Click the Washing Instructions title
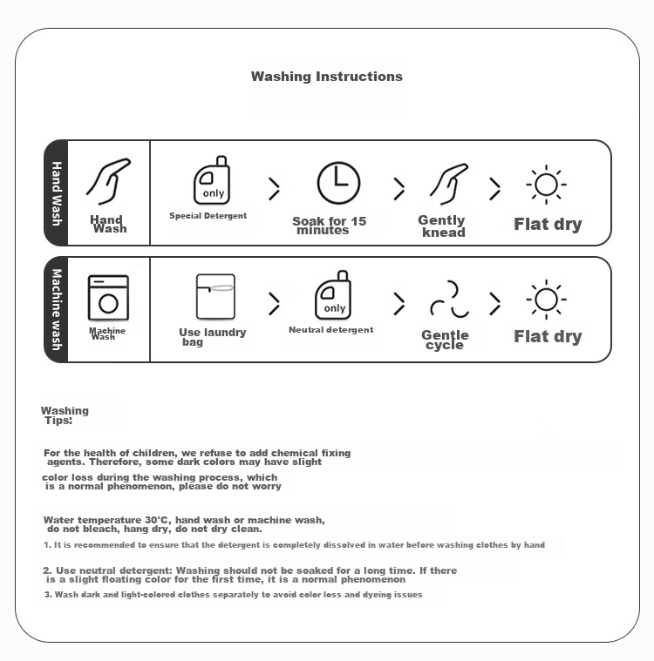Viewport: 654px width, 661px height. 327,77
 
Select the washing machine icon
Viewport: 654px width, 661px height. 108,298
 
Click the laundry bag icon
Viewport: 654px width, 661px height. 215,296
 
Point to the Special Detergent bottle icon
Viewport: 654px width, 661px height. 212,180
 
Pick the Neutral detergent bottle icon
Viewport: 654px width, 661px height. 333,295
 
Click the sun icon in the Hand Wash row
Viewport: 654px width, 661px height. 547,185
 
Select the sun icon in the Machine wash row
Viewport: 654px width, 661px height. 547,300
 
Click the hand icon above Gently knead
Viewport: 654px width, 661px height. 449,185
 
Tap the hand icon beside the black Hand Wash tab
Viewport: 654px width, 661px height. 108,182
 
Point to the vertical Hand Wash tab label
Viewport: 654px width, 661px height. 57,193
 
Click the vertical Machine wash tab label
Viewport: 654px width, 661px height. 57,309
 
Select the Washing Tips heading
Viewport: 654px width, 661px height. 65,415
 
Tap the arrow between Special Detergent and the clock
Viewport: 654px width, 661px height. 275,188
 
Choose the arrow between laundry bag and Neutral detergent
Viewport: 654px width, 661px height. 275,304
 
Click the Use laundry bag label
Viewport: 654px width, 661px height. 213,337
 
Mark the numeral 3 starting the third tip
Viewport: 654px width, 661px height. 47,595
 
